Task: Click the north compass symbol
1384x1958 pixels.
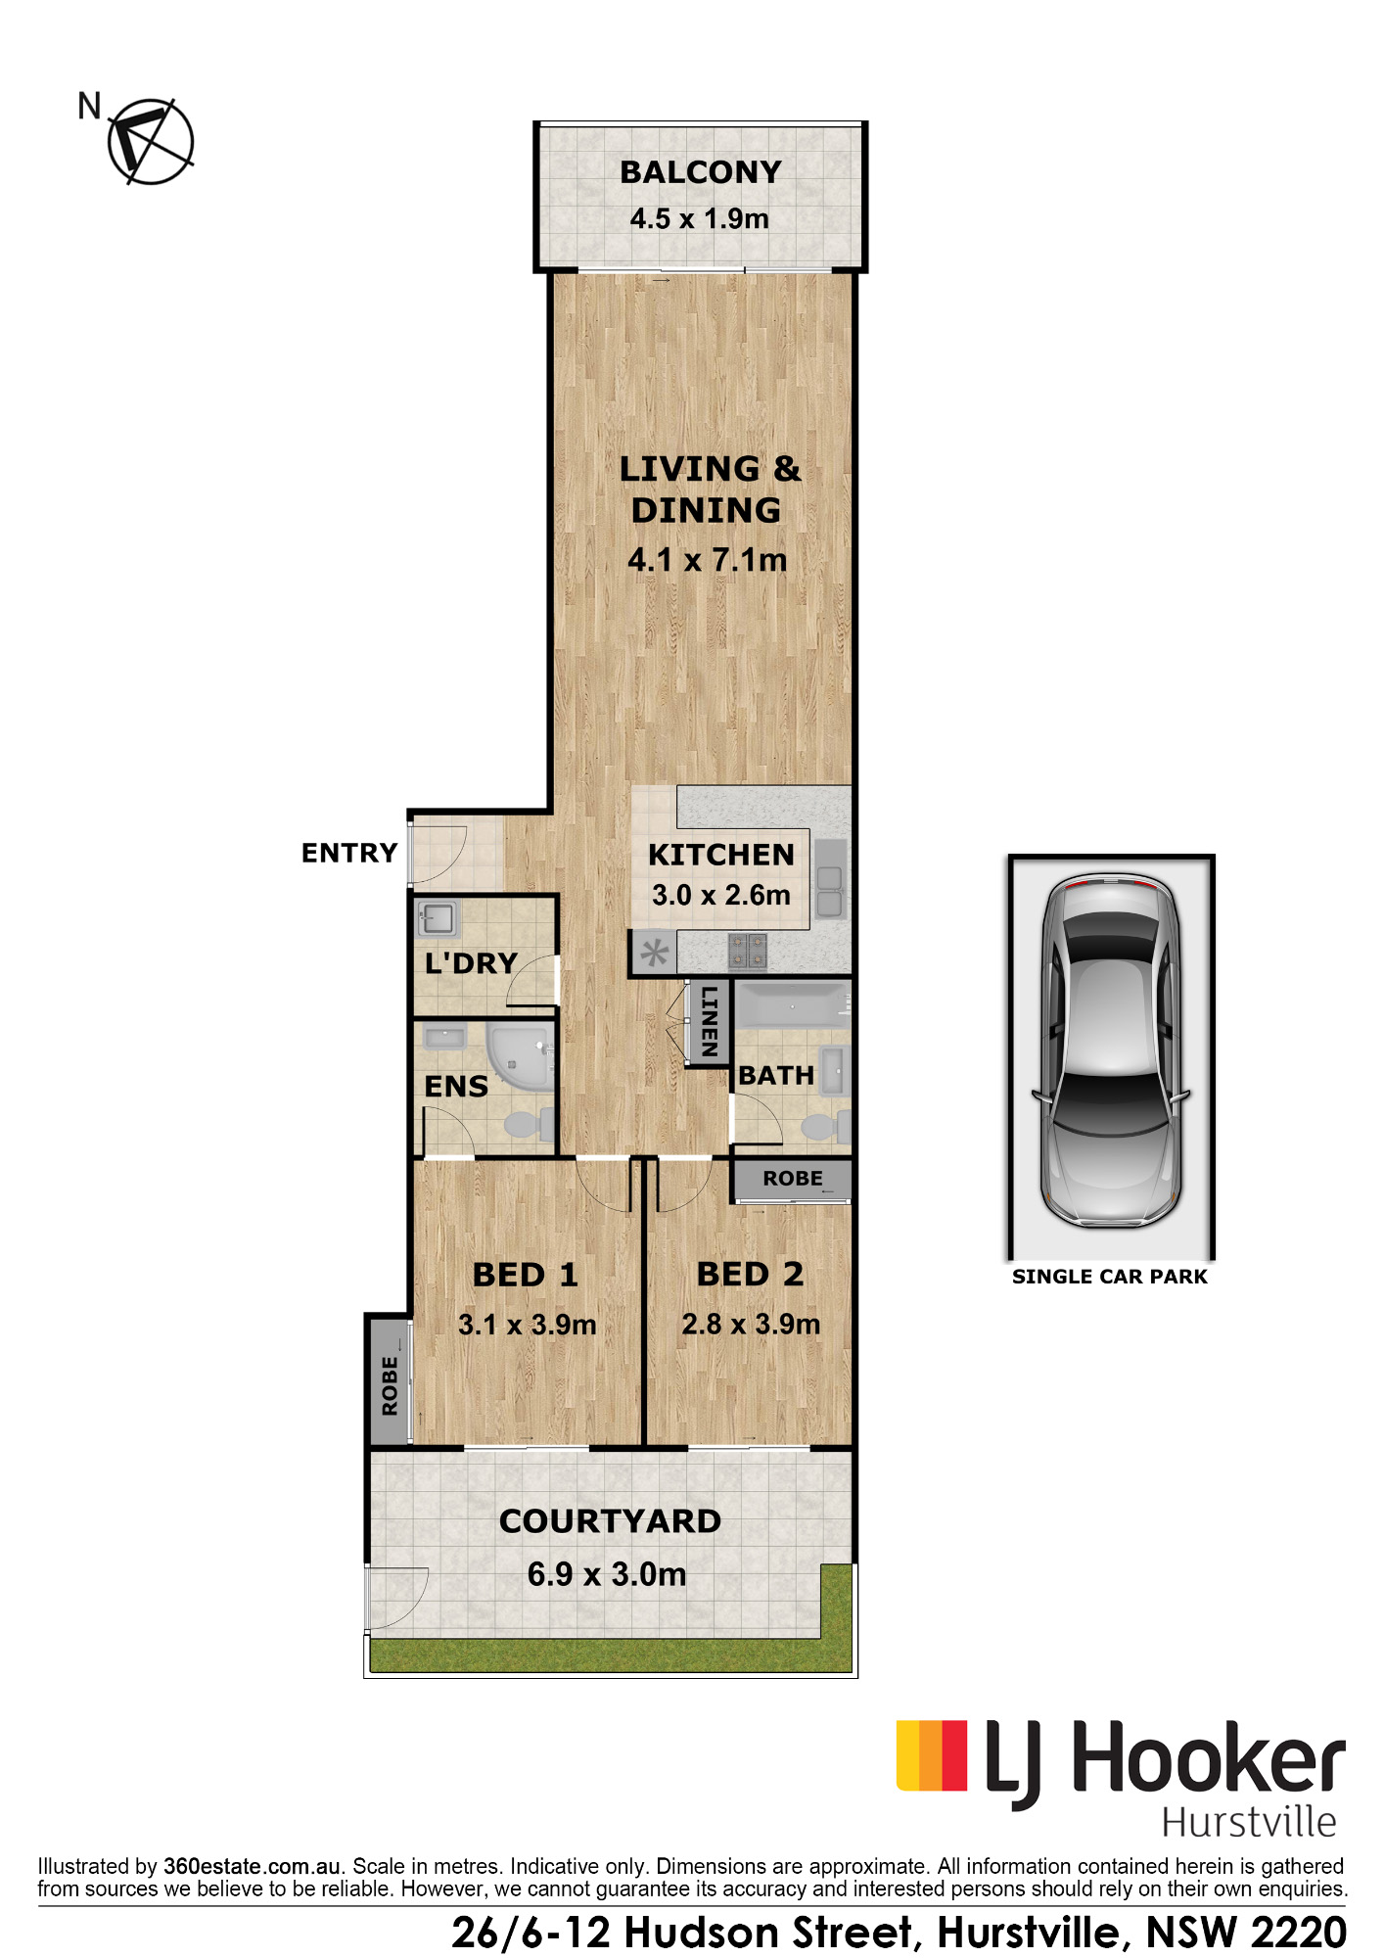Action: (x=150, y=141)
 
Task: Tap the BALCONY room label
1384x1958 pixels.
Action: (x=701, y=172)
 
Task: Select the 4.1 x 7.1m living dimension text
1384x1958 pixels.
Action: (x=707, y=560)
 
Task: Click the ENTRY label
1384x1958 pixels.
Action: (x=349, y=853)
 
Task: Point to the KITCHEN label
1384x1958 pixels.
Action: (x=721, y=855)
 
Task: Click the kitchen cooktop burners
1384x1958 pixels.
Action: (x=748, y=950)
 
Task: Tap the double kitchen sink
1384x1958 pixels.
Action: (x=830, y=878)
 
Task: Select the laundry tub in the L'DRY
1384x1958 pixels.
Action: (x=437, y=919)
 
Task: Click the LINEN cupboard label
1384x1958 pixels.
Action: (x=709, y=1021)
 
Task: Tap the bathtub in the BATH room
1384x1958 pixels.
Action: (x=792, y=1005)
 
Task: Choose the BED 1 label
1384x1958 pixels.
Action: (x=526, y=1275)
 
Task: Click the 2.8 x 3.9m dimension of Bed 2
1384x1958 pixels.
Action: (x=751, y=1325)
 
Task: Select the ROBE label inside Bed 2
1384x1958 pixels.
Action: (x=793, y=1179)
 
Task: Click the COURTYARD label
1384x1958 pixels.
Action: (x=610, y=1521)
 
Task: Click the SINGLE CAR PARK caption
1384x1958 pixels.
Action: (x=1110, y=1277)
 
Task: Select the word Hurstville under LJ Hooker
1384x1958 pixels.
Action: (x=1249, y=1822)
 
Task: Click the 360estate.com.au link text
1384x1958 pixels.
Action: (x=253, y=1866)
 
